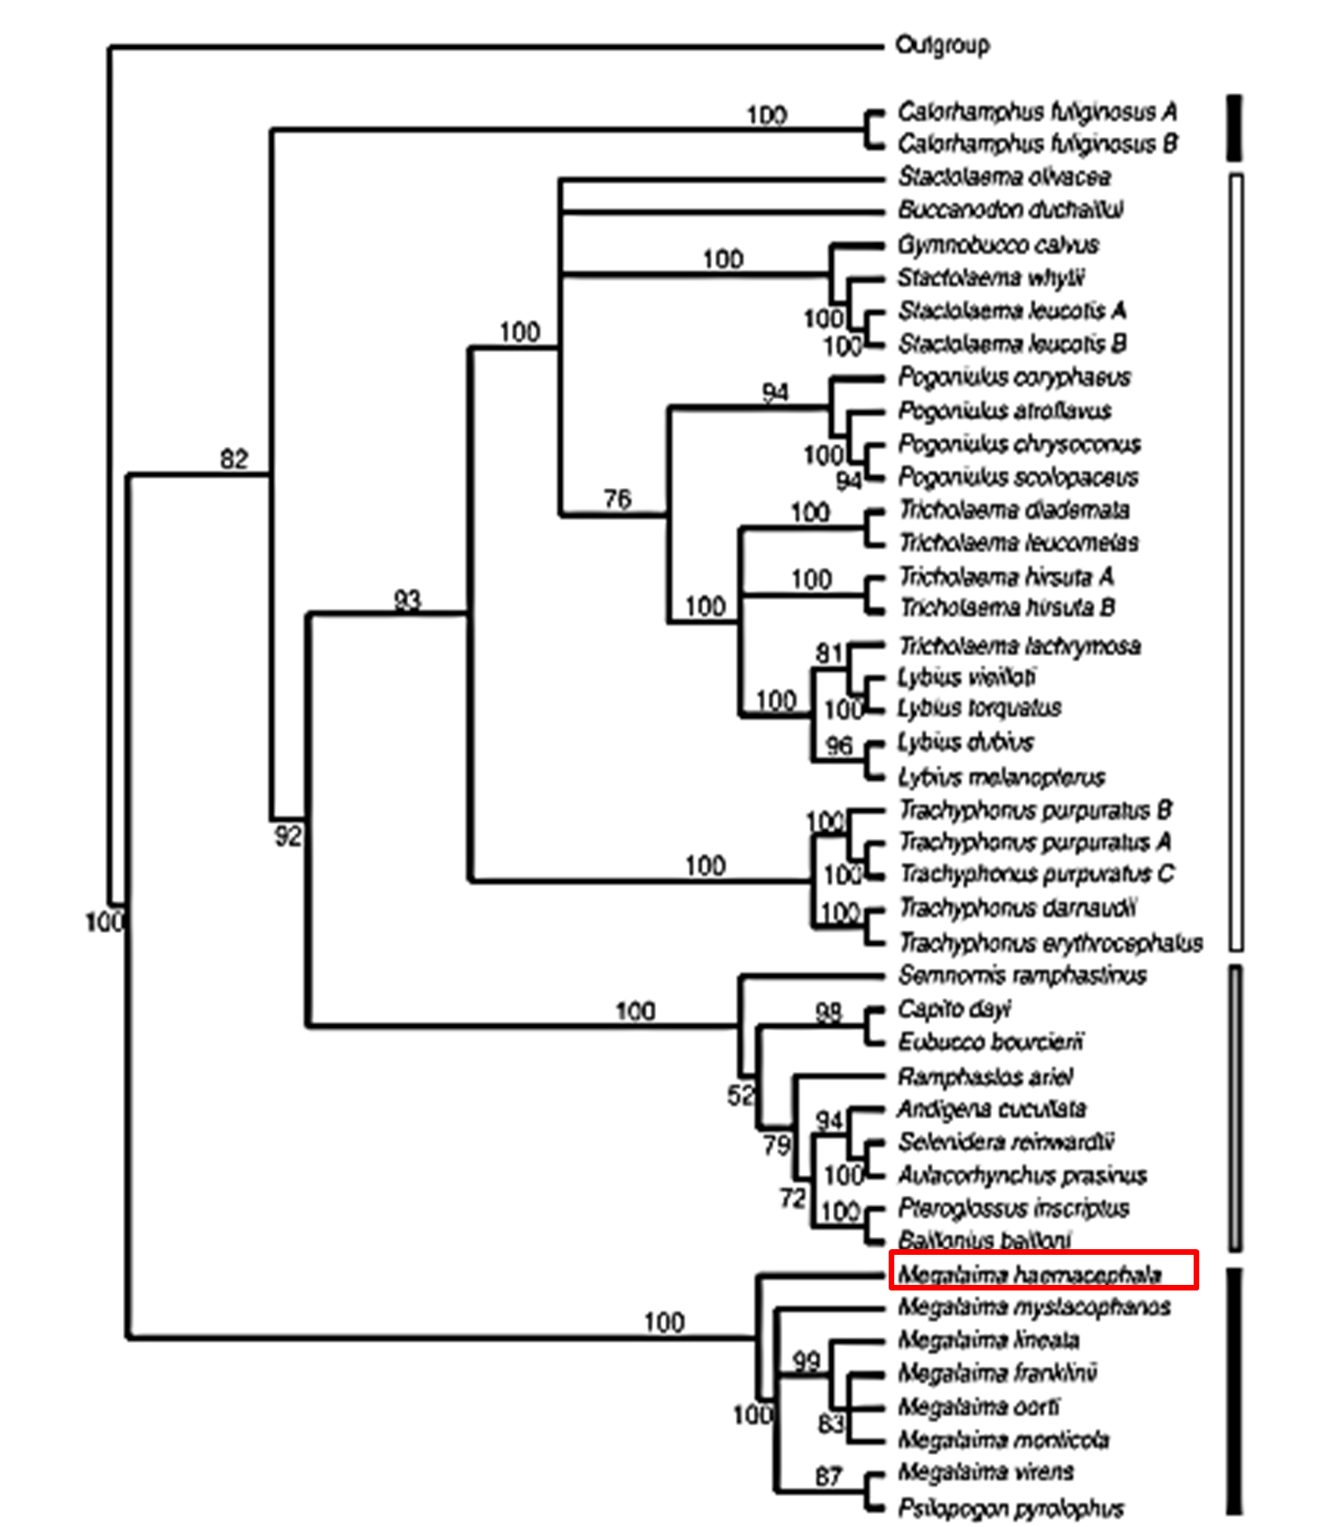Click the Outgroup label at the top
[x=942, y=45]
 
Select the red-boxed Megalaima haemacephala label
[x=1030, y=1274]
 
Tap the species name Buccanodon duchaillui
[x=1011, y=209]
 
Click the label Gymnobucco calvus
[x=998, y=245]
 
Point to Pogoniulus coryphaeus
[x=1014, y=377]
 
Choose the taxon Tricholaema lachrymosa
[x=1019, y=646]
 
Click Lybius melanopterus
[x=1001, y=777]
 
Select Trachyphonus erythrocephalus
[x=1050, y=941]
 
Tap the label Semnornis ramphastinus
[x=1022, y=975]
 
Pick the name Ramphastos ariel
[x=984, y=1077]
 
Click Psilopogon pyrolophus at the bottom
[x=1011, y=1508]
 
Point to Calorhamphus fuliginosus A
[x=1037, y=112]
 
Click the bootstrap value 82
[x=234, y=459]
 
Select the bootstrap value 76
[x=617, y=498]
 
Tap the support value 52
[x=740, y=1094]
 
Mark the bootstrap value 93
[x=406, y=599]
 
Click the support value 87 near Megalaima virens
[x=828, y=1476]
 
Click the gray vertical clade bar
[x=1235, y=1107]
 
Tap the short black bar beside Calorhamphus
[x=1235, y=128]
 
